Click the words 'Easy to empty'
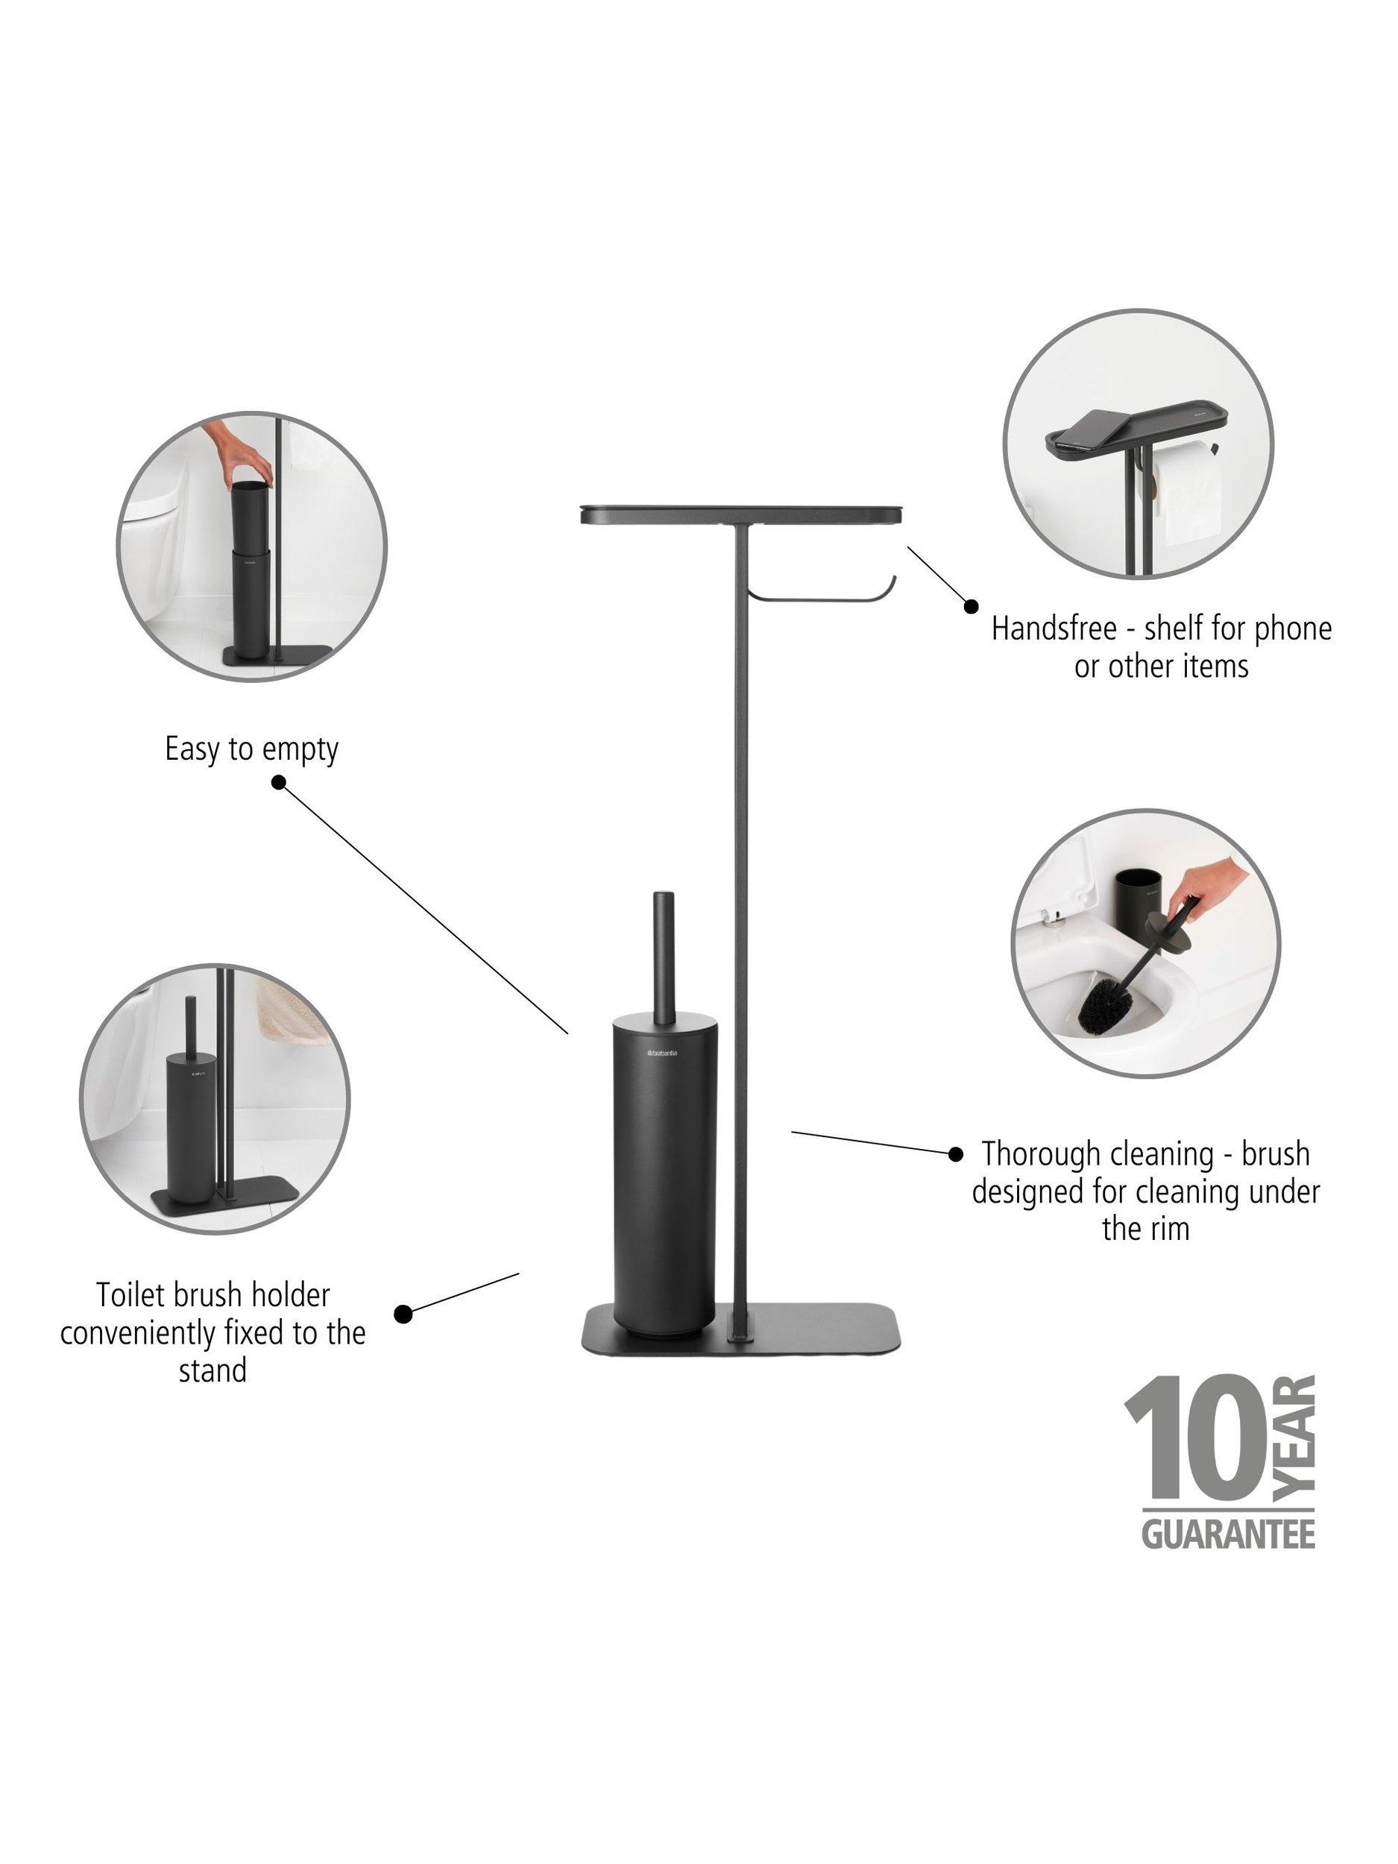point(251,749)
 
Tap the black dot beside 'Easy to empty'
point(279,783)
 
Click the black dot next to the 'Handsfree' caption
point(971,606)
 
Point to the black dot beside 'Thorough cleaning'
point(956,1153)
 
